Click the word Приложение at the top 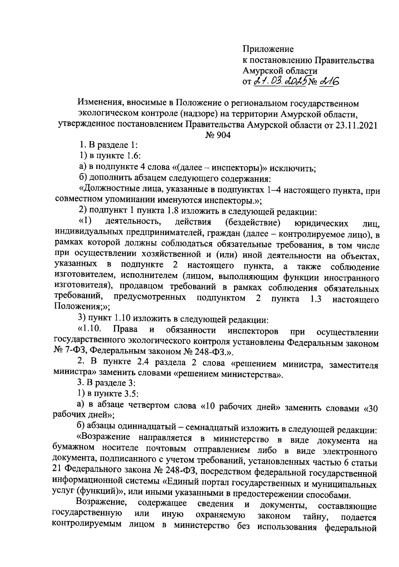click(x=268, y=49)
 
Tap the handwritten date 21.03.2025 click(x=280, y=81)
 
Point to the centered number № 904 click(x=218, y=135)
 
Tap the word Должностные click(x=110, y=190)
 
